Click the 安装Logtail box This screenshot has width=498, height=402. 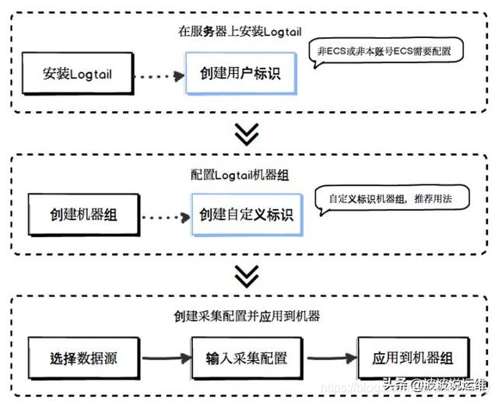(x=79, y=75)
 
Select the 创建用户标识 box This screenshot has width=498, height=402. (x=240, y=75)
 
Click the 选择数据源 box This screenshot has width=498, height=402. (x=84, y=358)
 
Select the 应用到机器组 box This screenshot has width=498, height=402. (x=412, y=358)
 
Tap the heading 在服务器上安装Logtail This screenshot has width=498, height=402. (x=239, y=32)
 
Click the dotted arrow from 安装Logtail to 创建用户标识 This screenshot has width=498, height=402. (x=159, y=76)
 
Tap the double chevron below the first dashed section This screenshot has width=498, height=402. (x=247, y=134)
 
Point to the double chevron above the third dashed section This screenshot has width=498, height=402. (x=247, y=276)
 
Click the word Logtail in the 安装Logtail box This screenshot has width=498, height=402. (x=92, y=75)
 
